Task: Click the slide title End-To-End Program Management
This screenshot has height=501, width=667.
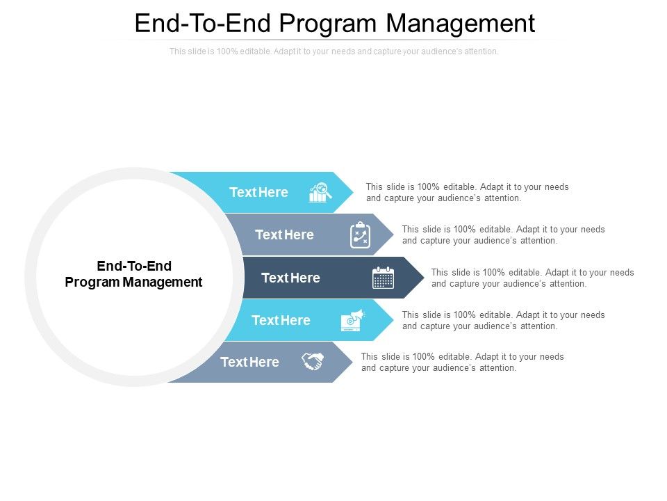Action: pos(334,23)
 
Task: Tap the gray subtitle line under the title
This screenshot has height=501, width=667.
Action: pos(334,51)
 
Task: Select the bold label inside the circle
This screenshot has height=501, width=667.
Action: pos(133,274)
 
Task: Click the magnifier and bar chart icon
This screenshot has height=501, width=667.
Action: pos(319,193)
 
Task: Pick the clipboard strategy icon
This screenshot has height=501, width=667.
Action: pos(360,235)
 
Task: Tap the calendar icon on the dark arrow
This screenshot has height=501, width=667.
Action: pos(383,278)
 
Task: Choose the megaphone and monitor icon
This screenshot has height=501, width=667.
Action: pos(352,320)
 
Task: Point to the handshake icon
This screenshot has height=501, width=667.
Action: pos(313,362)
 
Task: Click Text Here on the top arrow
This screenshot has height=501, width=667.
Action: pos(258,193)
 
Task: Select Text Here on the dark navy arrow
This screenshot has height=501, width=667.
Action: pos(290,278)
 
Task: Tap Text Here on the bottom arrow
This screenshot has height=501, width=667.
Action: pos(249,362)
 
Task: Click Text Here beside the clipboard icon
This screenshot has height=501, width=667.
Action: pos(284,235)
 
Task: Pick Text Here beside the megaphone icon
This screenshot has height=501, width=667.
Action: pos(281,320)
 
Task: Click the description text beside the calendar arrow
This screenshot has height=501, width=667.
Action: pos(532,278)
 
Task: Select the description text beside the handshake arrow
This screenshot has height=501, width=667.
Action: pos(462,362)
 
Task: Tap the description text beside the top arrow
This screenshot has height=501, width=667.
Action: pos(467,192)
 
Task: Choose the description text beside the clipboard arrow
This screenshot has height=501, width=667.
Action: pos(503,234)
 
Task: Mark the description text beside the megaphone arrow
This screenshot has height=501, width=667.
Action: pos(503,320)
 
